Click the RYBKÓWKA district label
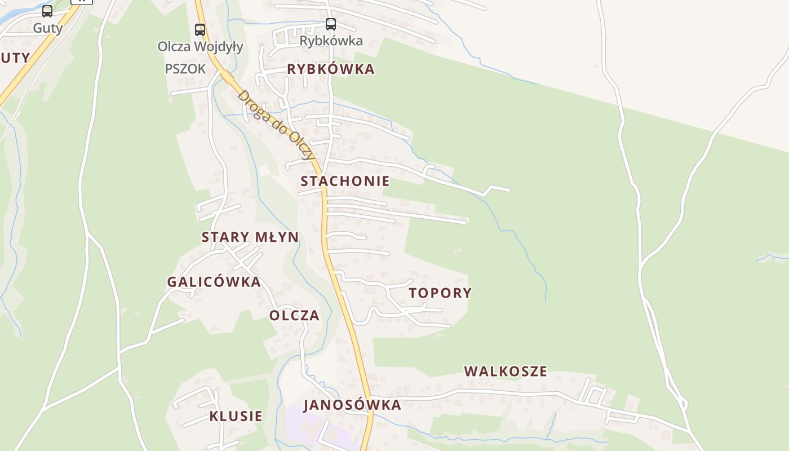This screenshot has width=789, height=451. click(331, 69)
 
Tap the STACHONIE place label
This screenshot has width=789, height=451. click(345, 181)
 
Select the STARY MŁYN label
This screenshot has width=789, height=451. click(250, 237)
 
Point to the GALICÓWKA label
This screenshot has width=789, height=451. click(214, 282)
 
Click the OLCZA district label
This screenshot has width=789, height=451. click(294, 315)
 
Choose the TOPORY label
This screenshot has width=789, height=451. click(440, 293)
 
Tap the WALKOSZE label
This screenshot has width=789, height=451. click(506, 371)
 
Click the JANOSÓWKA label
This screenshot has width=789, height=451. click(352, 405)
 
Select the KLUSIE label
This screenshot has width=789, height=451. click(236, 416)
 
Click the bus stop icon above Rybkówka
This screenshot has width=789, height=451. click(331, 24)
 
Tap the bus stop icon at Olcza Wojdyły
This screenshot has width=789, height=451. click(200, 29)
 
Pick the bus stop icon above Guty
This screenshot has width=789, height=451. click(47, 11)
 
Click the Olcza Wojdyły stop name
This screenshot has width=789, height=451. click(200, 46)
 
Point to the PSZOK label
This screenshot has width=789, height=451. click(185, 69)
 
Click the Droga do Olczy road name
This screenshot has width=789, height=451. click(274, 124)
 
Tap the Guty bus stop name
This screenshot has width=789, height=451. click(47, 28)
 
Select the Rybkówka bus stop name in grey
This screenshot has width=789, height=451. click(331, 41)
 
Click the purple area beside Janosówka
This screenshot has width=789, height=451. click(304, 426)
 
